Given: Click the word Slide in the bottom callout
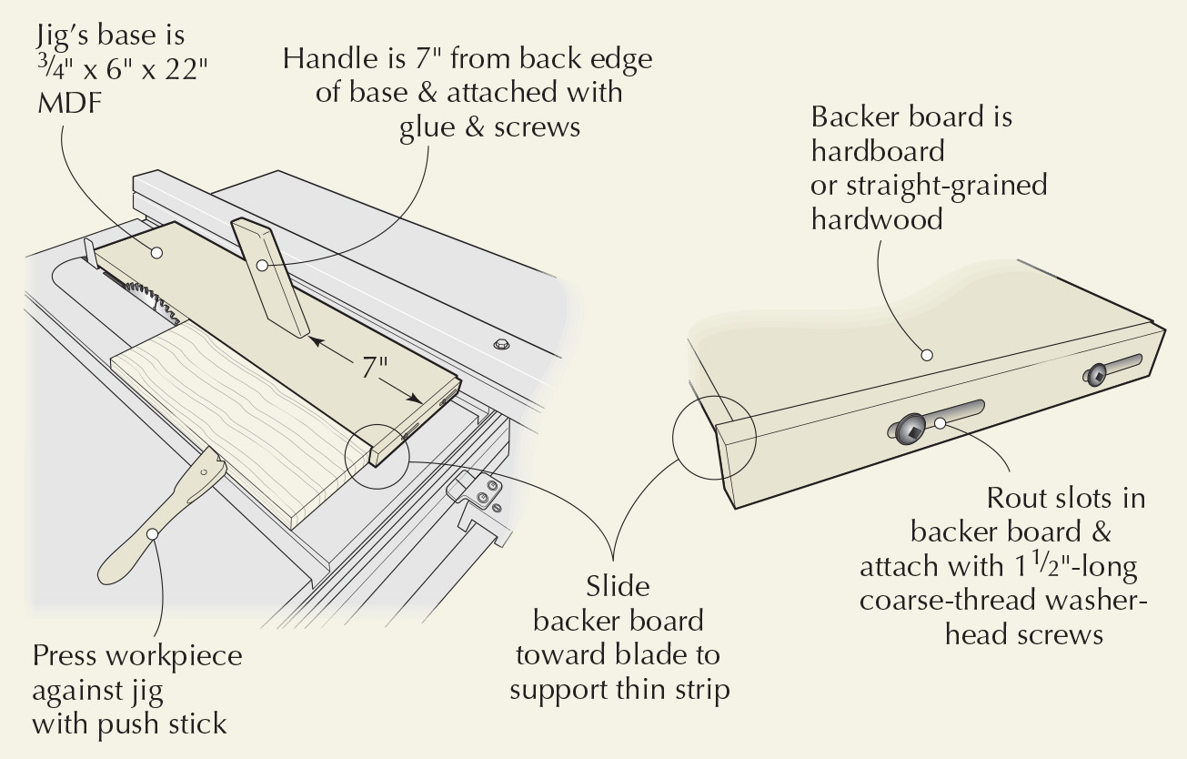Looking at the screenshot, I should pos(618,587).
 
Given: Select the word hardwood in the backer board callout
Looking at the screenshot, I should pos(877,218).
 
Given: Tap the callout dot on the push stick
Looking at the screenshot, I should pos(153,532).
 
